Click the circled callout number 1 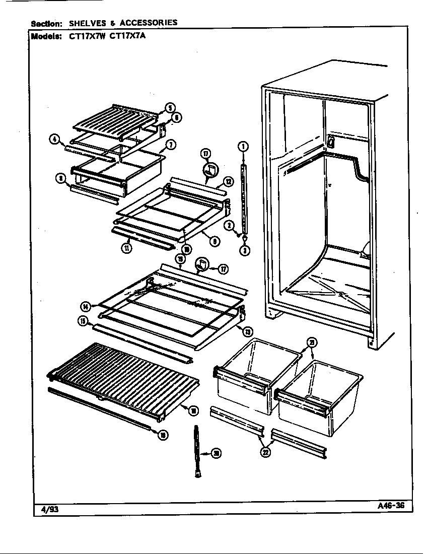pos(243,147)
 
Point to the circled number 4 pos(54,138)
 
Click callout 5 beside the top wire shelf pos(170,107)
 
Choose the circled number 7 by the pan pos(170,145)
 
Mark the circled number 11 pos(128,248)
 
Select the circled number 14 pos(87,306)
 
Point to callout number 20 pos(216,454)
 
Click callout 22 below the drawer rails pos(265,452)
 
